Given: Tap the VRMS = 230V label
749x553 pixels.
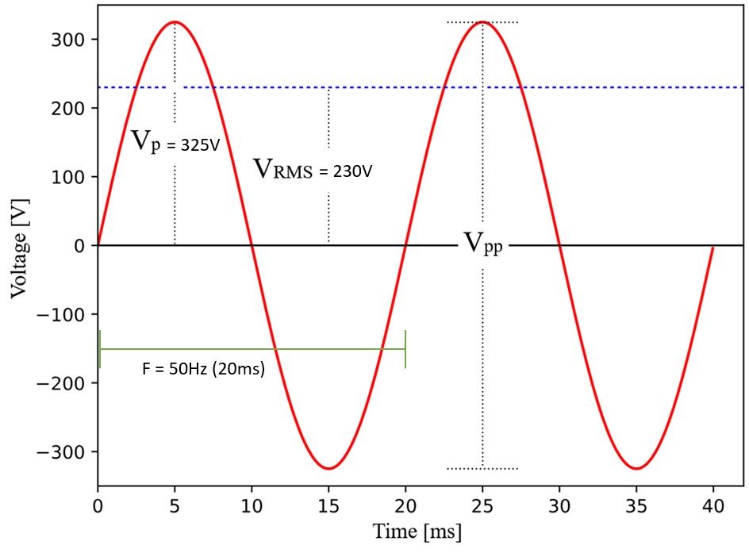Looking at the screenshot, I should point(312,169).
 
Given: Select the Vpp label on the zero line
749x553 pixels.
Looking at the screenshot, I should point(483,244).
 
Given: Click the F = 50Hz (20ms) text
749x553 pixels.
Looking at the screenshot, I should point(203,370).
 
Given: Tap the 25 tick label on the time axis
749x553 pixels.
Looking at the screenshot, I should point(482,505).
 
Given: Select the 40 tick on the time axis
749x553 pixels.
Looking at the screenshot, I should point(713,505).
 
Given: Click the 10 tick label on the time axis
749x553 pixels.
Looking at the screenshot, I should point(252,505).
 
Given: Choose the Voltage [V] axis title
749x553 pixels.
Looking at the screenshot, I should point(18,247).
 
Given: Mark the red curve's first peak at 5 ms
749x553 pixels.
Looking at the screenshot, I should point(175,22).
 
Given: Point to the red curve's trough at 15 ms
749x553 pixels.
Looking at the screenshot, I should point(328,468).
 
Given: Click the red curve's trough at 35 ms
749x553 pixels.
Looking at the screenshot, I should point(636,468).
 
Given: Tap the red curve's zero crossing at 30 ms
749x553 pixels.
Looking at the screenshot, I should point(559,245).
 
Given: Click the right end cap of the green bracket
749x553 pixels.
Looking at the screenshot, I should point(405,349).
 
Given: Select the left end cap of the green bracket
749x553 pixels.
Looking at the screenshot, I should point(100,349).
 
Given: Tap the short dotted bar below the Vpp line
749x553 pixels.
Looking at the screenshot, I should point(482,469).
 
